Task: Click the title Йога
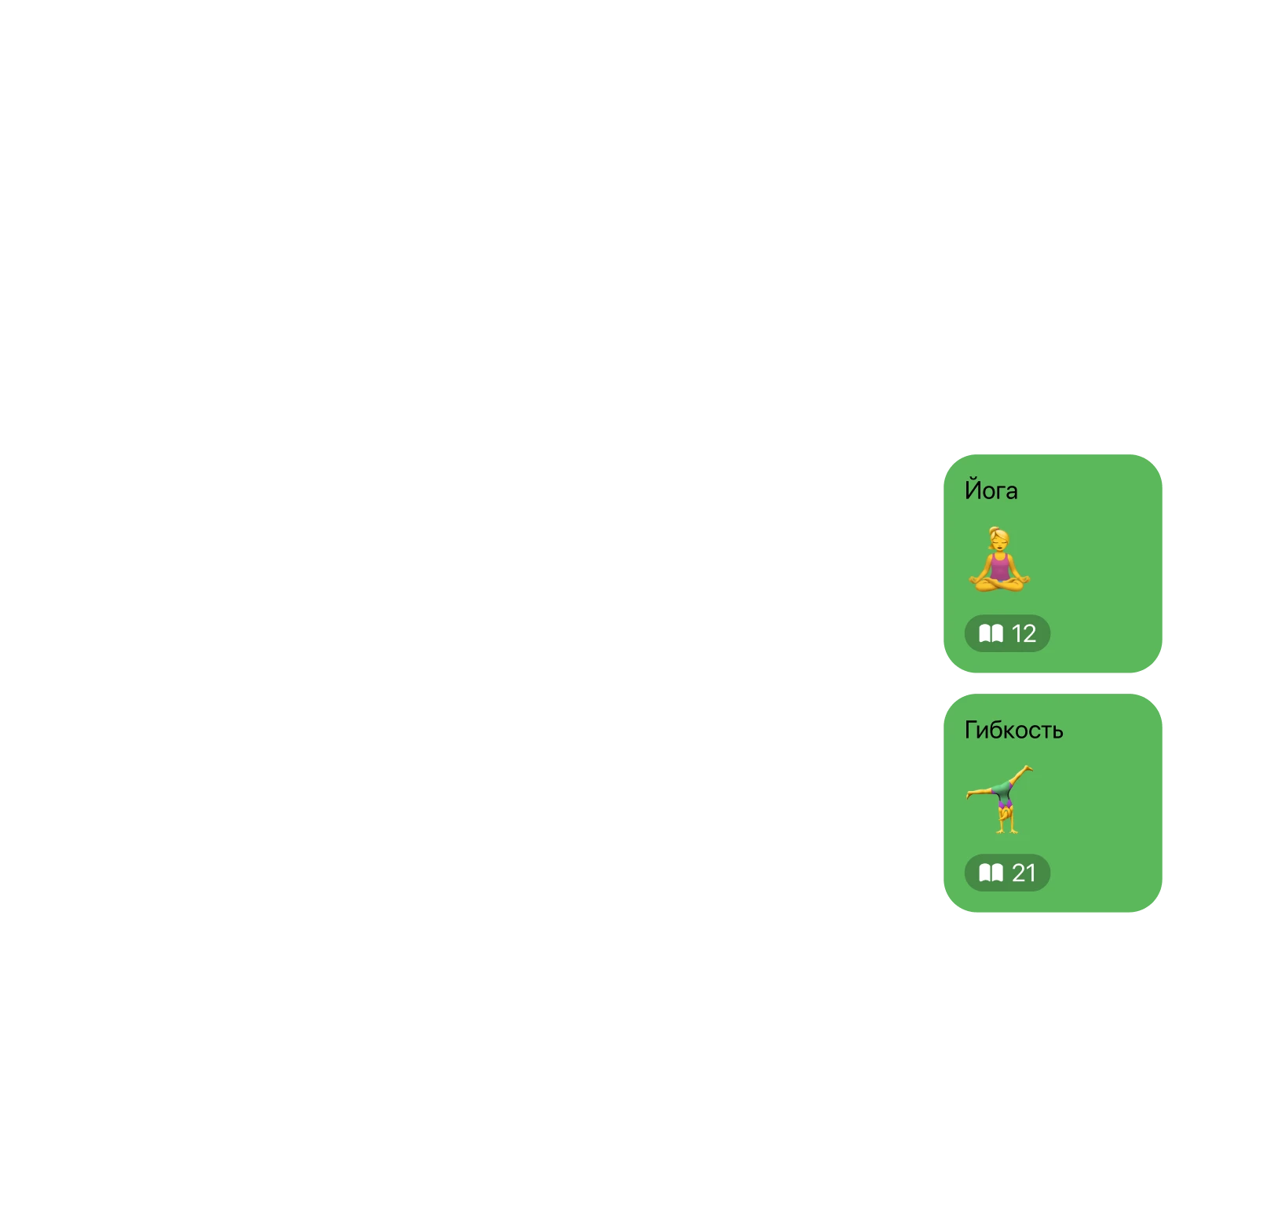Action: pyautogui.click(x=991, y=490)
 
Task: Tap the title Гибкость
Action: pyautogui.click(x=1013, y=730)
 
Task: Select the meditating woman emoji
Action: pyautogui.click(x=998, y=560)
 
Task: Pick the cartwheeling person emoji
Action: pyautogui.click(x=999, y=799)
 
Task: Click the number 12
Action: pyautogui.click(x=1024, y=633)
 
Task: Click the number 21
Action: pyautogui.click(x=1024, y=873)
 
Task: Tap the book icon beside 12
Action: pyautogui.click(x=991, y=633)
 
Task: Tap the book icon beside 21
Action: pyautogui.click(x=991, y=873)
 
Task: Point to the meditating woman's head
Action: pyautogui.click(x=999, y=541)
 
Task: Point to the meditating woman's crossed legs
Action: pyautogui.click(x=998, y=583)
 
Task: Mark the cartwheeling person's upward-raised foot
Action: pyautogui.click(x=1028, y=768)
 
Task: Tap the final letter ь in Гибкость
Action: pyautogui.click(x=1057, y=731)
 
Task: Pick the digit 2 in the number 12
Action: pyautogui.click(x=1029, y=633)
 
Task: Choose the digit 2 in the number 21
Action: pyautogui.click(x=1019, y=873)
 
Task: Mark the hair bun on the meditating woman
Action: pyautogui.click(x=992, y=530)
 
